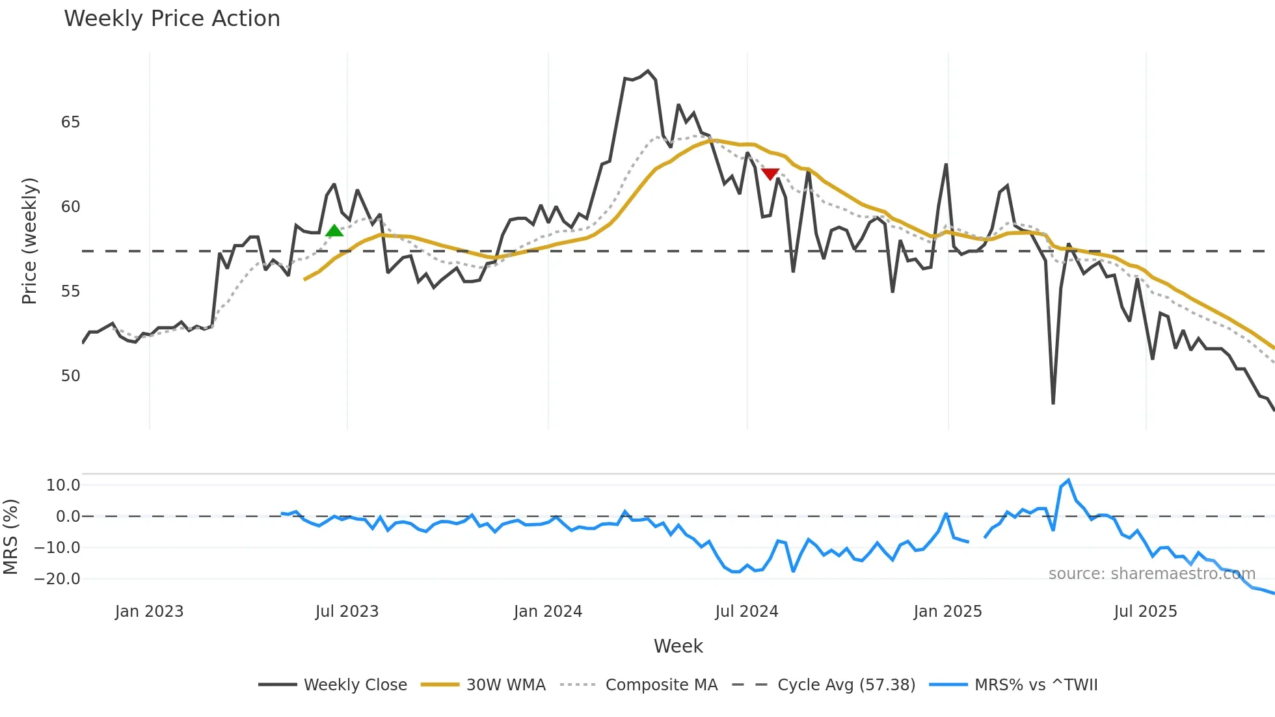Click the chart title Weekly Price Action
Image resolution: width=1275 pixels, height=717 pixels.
point(172,19)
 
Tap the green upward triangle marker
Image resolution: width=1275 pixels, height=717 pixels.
point(334,231)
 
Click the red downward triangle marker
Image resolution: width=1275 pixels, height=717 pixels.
point(770,174)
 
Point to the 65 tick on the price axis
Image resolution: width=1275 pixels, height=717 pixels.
point(70,122)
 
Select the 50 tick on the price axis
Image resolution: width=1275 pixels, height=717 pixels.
point(70,376)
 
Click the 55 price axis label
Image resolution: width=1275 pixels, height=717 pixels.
point(70,291)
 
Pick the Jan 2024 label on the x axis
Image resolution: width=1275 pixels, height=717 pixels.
point(548,612)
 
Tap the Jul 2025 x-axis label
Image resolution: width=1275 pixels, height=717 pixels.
point(1145,612)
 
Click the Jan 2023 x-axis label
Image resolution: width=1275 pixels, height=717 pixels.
point(149,612)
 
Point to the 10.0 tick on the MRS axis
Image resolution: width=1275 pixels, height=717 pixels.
point(63,485)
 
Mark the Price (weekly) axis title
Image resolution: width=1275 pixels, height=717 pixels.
point(29,241)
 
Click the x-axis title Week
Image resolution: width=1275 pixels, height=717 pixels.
point(678,646)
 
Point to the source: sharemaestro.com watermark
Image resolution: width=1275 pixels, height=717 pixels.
point(1151,574)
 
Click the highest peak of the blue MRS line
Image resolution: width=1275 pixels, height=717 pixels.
point(1068,480)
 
